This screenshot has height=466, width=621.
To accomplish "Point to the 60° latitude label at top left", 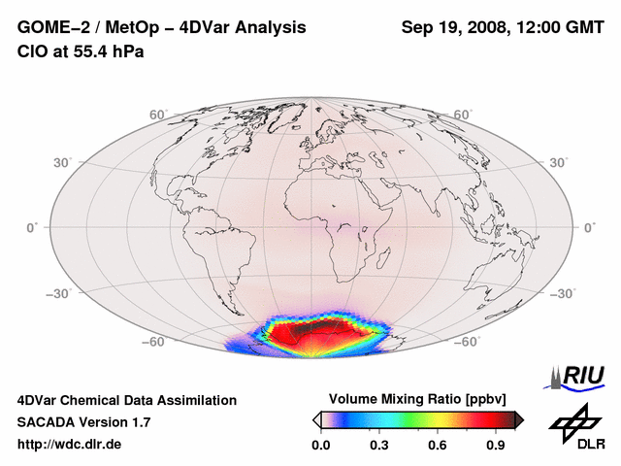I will coord(157,115).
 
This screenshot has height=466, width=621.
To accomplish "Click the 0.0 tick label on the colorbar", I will coord(320,446).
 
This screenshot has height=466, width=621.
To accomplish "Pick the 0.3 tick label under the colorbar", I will coord(379,446).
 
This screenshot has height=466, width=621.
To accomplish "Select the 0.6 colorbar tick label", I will coord(439,446).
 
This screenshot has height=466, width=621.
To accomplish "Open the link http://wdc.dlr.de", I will coord(69,445).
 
